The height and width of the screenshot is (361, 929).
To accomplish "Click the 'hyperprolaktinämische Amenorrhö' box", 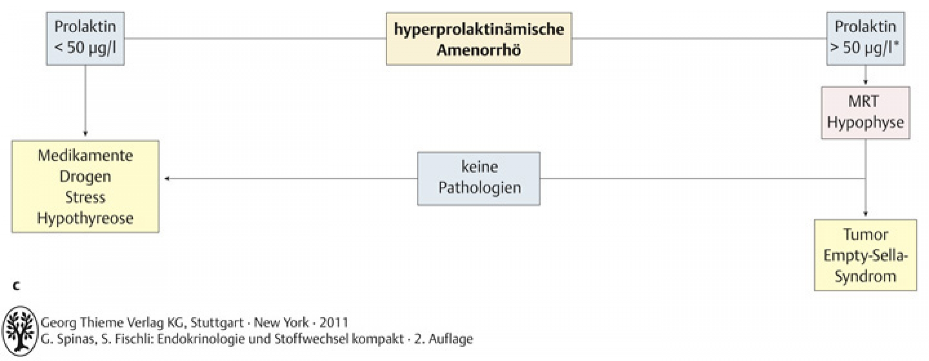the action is click(x=479, y=39).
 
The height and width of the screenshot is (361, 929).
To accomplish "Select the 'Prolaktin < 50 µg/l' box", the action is click(x=85, y=39).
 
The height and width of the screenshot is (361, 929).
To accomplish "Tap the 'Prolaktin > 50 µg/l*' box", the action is click(x=865, y=39).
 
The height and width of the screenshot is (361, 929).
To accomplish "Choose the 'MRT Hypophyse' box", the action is click(x=865, y=113).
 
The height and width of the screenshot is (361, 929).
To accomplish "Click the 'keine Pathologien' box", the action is click(x=479, y=179).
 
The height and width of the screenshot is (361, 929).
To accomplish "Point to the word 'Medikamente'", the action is click(x=85, y=155).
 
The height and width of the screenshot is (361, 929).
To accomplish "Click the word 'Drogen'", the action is click(x=85, y=177).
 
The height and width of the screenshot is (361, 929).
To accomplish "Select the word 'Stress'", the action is click(x=85, y=197).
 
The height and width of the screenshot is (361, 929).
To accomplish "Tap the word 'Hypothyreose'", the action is click(x=85, y=219).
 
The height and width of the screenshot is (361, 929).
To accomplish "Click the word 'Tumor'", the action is click(x=865, y=234).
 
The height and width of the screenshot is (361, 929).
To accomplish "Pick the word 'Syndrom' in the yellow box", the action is click(x=865, y=276).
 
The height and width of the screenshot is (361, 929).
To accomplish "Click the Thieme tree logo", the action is click(x=20, y=331).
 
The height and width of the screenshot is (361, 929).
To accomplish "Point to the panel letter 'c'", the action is click(x=16, y=286).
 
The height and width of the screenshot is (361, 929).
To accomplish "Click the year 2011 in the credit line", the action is click(x=334, y=322).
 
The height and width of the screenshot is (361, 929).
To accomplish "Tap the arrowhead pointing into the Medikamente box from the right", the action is click(x=166, y=179).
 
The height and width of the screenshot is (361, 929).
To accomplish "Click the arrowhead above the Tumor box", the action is click(x=865, y=213).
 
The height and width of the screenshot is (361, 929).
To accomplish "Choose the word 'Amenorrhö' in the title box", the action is click(x=479, y=50).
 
